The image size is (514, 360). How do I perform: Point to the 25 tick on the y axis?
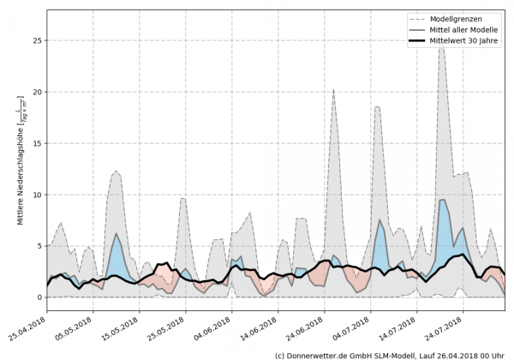click(37, 40)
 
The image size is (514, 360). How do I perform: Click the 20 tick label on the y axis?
click(37, 92)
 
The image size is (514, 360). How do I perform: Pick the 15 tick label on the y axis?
click(37, 143)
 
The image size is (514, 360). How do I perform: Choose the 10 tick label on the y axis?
click(37, 195)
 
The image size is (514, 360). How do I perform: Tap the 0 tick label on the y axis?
click(39, 297)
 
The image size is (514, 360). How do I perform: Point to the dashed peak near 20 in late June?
click(333, 89)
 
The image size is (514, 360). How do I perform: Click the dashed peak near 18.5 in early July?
click(377, 107)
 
